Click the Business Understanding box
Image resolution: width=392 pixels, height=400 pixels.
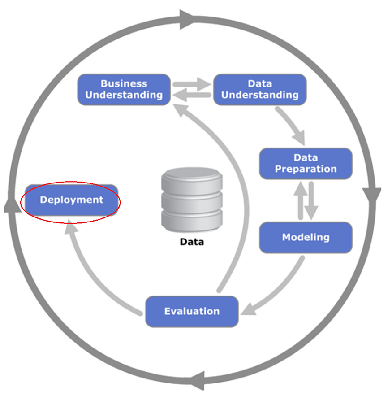pos(124,90)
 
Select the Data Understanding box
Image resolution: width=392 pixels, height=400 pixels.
pos(260,90)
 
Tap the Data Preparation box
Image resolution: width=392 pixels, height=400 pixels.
pos(306,164)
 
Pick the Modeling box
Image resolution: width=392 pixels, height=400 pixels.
pos(306,237)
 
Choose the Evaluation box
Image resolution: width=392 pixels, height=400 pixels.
pos(192,311)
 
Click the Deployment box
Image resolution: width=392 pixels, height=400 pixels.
pos(72,200)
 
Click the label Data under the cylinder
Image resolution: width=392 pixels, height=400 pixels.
pos(192,242)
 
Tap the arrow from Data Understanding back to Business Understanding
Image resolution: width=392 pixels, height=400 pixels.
pos(192,95)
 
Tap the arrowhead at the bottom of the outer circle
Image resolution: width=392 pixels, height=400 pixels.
pos(198,380)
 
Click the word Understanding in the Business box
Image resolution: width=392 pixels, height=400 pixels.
pos(124,95)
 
